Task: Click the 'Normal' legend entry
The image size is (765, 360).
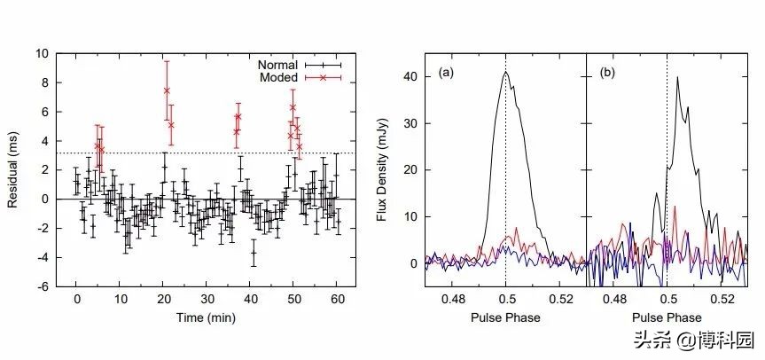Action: pos(278,65)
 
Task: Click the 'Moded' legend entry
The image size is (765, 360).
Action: pos(278,78)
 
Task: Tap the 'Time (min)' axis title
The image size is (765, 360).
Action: pos(205,317)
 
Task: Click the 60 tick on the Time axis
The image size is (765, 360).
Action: pos(337,300)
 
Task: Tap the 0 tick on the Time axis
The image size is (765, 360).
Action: pos(77,300)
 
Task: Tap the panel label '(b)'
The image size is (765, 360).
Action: pos(608,71)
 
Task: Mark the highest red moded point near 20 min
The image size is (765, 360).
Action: pos(166,90)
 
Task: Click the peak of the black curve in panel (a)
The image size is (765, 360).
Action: pos(505,73)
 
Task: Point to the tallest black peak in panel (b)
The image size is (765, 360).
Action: pos(677,77)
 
